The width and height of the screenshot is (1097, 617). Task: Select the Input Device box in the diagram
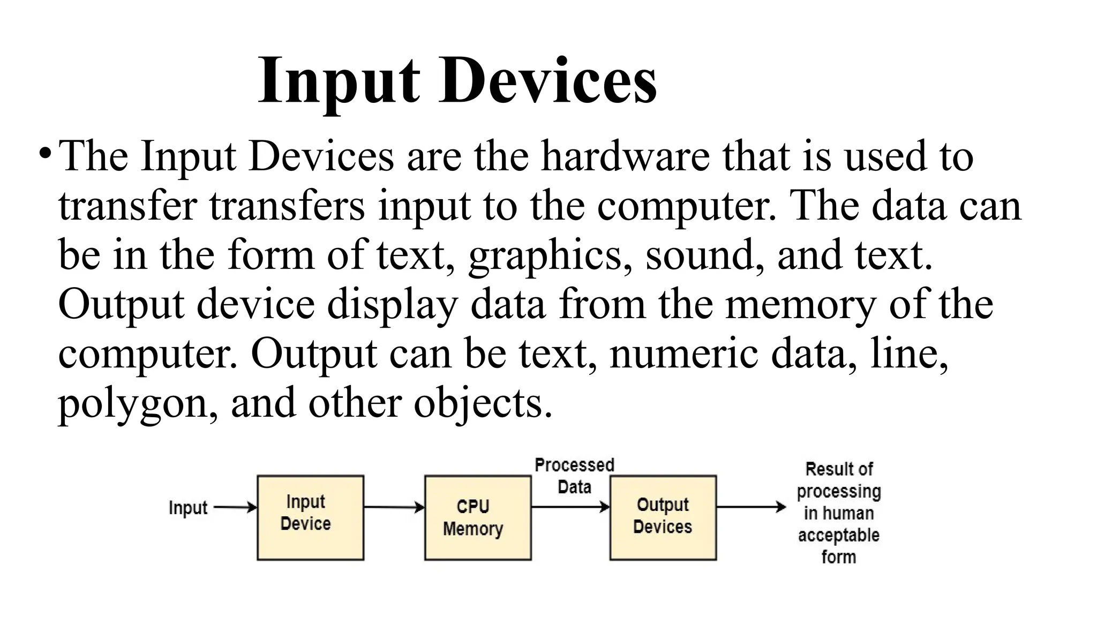click(x=310, y=517)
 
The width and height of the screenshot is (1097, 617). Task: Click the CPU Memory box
click(x=477, y=517)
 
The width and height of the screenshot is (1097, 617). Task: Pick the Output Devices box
click(x=663, y=517)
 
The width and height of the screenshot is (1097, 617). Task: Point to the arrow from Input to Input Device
click(x=235, y=507)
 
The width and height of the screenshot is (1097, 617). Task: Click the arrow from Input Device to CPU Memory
click(x=394, y=507)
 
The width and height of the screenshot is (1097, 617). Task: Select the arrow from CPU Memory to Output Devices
click(x=570, y=507)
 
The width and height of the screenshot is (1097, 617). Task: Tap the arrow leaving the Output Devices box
click(x=750, y=507)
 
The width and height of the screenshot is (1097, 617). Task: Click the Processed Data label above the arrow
click(x=574, y=476)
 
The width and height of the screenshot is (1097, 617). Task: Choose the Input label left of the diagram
click(x=187, y=508)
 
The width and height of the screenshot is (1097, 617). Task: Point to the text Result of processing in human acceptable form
click(x=838, y=513)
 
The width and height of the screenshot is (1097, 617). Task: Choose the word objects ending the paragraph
click(x=482, y=403)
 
